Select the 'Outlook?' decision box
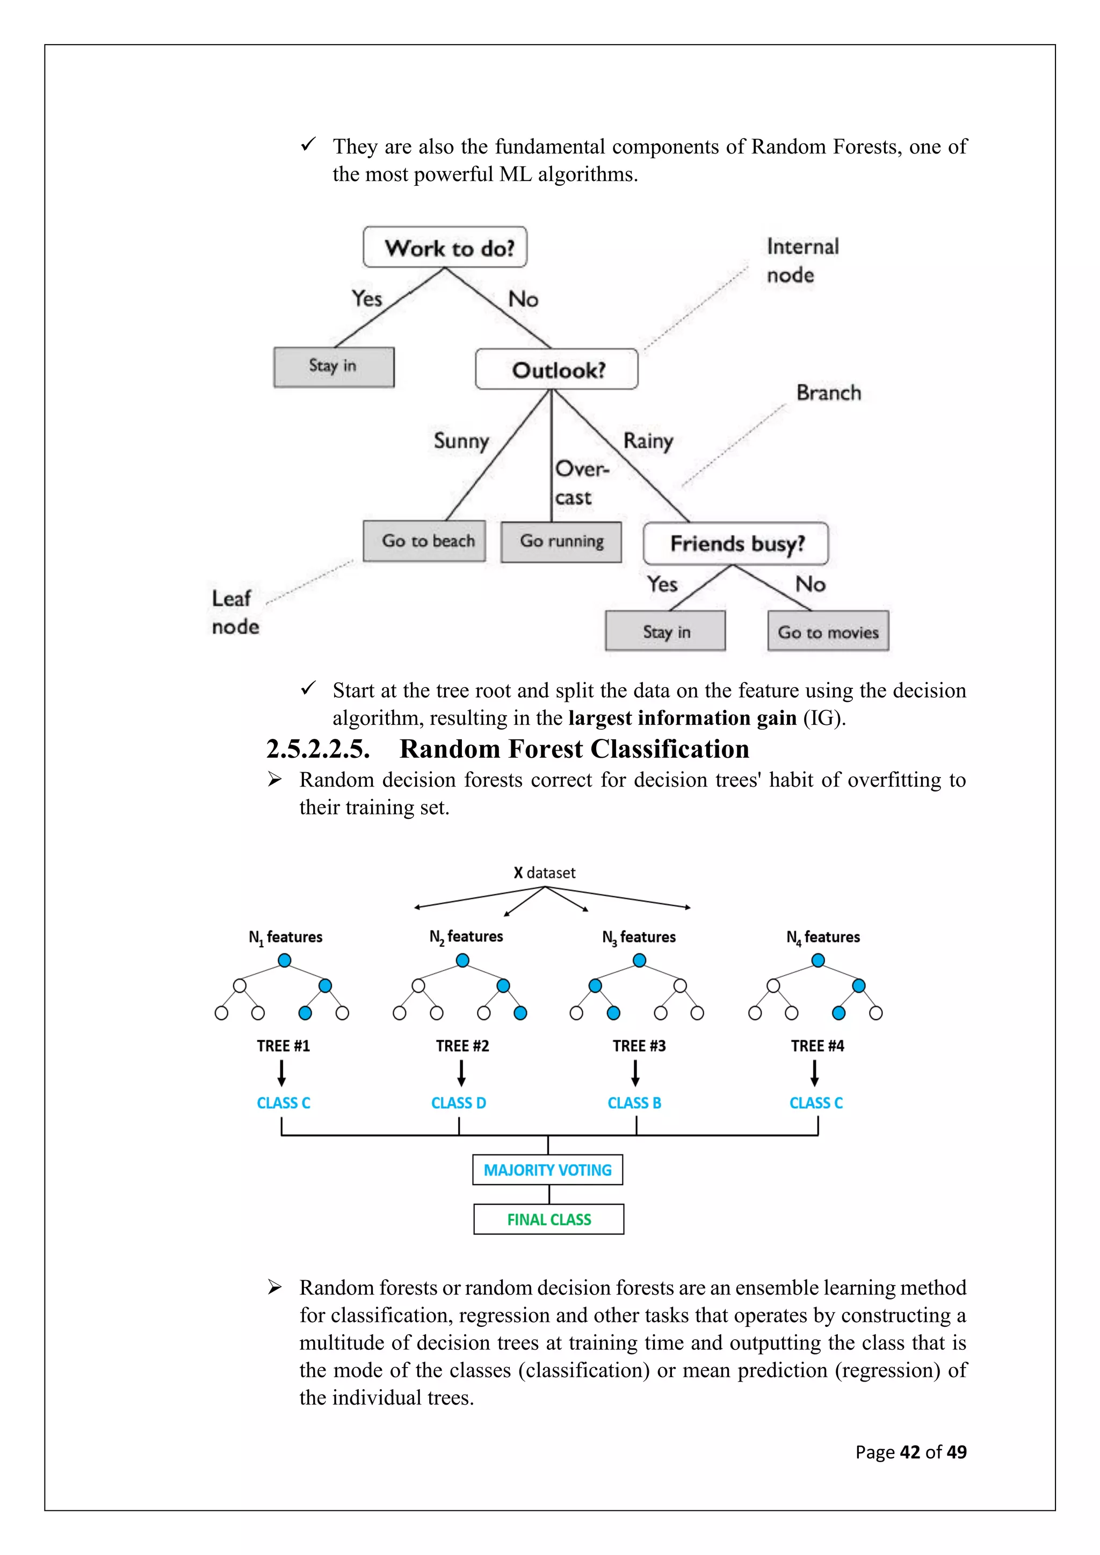pyautogui.click(x=557, y=369)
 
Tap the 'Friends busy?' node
pyautogui.click(x=736, y=543)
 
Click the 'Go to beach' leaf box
pyautogui.click(x=424, y=541)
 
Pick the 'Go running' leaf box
pyautogui.click(x=561, y=541)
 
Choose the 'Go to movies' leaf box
pyautogui.click(x=828, y=631)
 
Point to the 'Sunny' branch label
pyautogui.click(x=461, y=441)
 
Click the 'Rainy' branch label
pyautogui.click(x=648, y=441)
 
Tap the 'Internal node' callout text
pyautogui.click(x=802, y=260)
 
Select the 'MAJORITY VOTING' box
pyautogui.click(x=547, y=1169)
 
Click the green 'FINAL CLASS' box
pyautogui.click(x=548, y=1219)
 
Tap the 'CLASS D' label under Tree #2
pyautogui.click(x=459, y=1102)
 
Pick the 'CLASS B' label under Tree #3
pyautogui.click(x=634, y=1102)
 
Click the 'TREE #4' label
pyautogui.click(x=817, y=1045)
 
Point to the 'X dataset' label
pyautogui.click(x=544, y=873)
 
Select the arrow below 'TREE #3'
pyautogui.click(x=635, y=1073)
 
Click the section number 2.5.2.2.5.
pyautogui.click(x=317, y=749)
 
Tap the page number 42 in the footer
pyautogui.click(x=910, y=1451)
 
